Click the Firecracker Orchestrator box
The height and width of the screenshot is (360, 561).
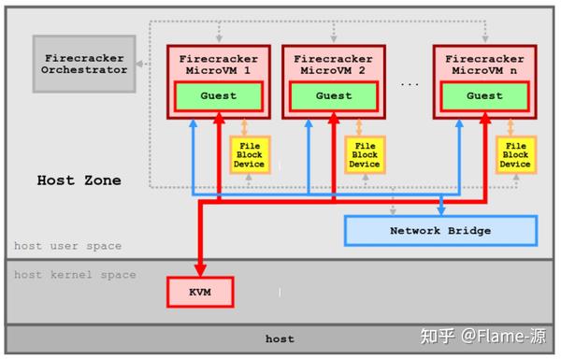pos(83,64)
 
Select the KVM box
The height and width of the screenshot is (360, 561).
pos(199,292)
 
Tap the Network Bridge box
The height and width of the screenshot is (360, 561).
pos(440,230)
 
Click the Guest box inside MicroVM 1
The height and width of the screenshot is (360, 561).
pos(219,95)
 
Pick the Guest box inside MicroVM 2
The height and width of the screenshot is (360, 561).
pos(333,95)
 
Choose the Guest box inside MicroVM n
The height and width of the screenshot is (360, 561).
pos(484,95)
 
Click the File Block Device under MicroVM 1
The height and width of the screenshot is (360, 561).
pos(250,154)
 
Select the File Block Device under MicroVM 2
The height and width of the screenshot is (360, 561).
pos(364,154)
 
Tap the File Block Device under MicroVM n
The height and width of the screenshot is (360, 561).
pos(514,154)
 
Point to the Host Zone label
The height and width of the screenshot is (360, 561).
pos(79,180)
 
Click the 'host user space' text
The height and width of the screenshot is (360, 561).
pos(67,246)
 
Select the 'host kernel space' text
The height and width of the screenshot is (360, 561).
pos(75,275)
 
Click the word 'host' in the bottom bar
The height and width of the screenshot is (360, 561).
pos(279,338)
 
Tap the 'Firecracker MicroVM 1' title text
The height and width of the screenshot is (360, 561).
pos(219,64)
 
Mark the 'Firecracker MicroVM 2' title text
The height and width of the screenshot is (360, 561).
pos(333,64)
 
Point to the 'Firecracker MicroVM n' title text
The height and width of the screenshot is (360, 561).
pos(484,64)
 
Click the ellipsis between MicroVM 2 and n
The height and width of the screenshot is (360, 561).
pos(409,84)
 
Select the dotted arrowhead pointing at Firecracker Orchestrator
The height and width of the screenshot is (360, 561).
pos(138,65)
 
